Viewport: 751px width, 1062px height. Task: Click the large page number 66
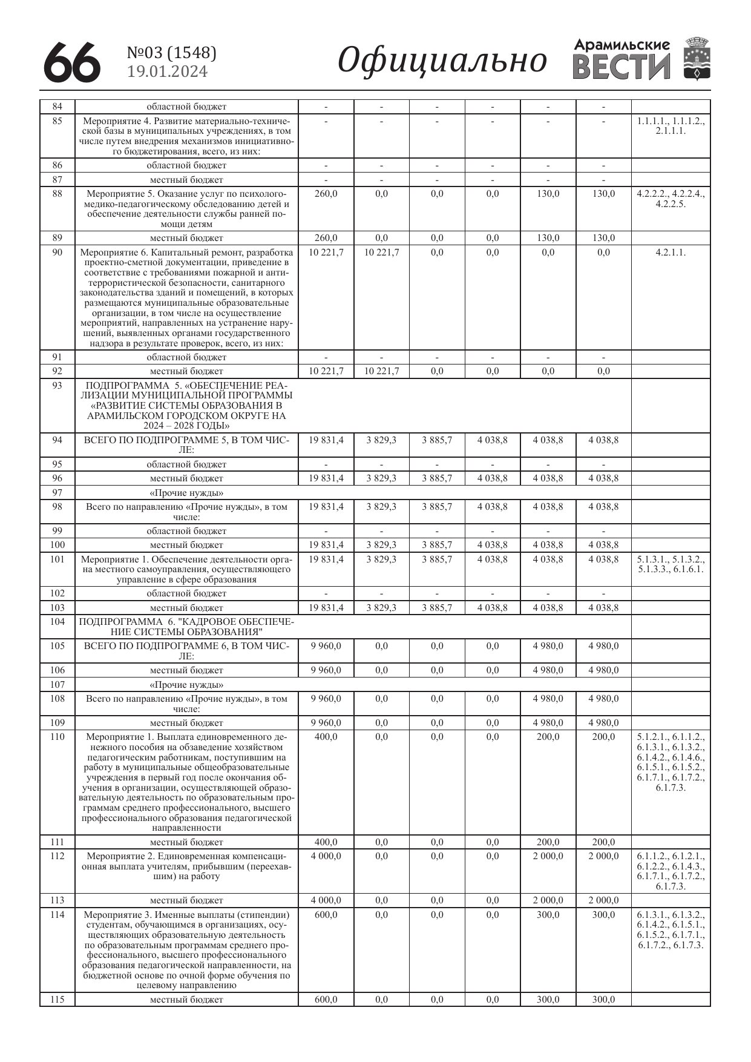(x=71, y=62)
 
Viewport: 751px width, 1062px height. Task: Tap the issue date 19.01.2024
(x=167, y=71)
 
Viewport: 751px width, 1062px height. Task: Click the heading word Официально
(x=442, y=61)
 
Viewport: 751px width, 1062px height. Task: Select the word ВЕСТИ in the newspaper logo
(x=621, y=67)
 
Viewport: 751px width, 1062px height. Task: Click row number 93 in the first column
(x=57, y=386)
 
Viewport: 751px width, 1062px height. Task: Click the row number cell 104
(x=57, y=622)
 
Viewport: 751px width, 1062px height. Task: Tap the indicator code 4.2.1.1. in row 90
(x=671, y=252)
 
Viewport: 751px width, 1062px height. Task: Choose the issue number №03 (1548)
(x=171, y=53)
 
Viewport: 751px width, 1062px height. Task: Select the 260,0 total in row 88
(x=326, y=194)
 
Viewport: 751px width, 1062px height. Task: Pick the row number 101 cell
(x=57, y=559)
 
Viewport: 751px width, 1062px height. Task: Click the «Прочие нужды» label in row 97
(x=186, y=493)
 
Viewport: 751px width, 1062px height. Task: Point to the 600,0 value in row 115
(x=326, y=1000)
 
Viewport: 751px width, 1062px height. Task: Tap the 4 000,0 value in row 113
(x=326, y=900)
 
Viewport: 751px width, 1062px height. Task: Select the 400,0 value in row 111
(x=326, y=842)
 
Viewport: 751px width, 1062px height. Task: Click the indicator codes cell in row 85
(x=671, y=126)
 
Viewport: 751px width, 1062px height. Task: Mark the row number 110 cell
(x=57, y=737)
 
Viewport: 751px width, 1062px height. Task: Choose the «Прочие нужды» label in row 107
(x=186, y=685)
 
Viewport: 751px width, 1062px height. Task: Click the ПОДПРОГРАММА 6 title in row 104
(x=186, y=627)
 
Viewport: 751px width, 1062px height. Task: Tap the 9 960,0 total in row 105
(x=326, y=646)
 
